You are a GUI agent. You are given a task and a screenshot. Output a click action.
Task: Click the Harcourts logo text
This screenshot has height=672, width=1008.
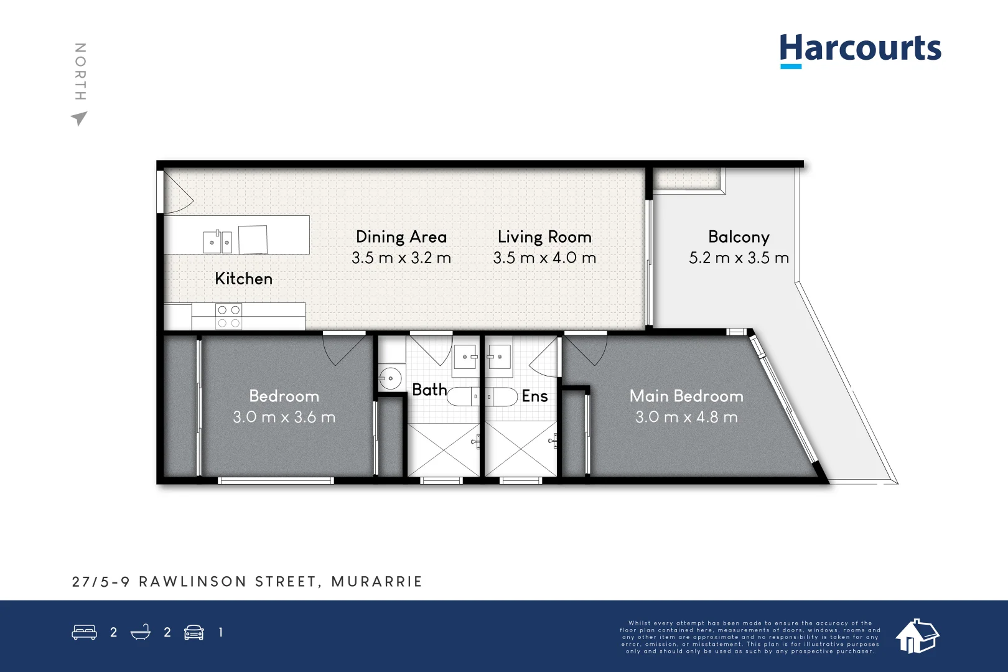[860, 49]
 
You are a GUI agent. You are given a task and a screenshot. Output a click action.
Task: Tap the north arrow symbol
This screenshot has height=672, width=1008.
[79, 118]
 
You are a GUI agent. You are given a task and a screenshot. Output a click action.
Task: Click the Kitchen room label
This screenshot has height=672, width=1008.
[243, 279]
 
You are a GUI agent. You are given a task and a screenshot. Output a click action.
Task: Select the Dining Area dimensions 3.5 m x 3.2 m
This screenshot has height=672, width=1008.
[401, 258]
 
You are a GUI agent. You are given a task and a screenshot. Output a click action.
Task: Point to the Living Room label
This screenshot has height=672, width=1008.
[544, 237]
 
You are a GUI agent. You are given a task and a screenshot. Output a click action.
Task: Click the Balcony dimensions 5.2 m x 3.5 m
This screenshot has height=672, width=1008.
[739, 258]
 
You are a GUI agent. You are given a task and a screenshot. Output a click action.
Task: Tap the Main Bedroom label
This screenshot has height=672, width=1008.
[686, 396]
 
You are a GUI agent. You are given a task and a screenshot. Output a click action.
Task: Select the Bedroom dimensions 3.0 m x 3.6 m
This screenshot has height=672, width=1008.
[284, 417]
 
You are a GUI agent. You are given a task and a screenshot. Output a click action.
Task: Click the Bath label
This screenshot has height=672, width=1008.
[429, 390]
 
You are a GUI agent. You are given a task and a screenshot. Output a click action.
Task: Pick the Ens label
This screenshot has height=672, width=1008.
[534, 396]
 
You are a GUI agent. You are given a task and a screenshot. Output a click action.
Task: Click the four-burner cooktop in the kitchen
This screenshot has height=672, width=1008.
[228, 316]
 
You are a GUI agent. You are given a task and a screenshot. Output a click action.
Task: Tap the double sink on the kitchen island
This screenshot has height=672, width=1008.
[218, 241]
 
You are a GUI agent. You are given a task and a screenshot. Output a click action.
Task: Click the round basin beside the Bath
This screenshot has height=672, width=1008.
[390, 378]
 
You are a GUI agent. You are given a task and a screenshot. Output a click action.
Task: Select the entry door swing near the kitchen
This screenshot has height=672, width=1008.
[177, 193]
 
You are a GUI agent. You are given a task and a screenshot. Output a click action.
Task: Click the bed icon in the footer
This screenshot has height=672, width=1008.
[84, 632]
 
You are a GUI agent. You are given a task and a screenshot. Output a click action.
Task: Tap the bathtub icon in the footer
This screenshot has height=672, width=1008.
[141, 632]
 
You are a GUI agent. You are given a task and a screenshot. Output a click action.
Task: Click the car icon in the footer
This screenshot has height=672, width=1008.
[194, 632]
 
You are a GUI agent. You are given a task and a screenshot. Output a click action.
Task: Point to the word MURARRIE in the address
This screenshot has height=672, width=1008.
[376, 582]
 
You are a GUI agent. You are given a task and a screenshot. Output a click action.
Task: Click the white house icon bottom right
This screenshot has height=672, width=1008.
[917, 636]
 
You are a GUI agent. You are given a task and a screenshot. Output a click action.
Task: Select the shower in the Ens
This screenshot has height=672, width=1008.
[520, 449]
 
